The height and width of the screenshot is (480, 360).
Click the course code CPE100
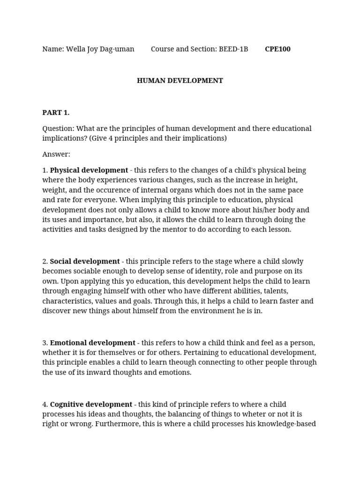coord(277,49)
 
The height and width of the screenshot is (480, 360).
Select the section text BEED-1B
coord(233,49)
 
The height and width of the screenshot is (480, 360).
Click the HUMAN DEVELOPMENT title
coord(180,81)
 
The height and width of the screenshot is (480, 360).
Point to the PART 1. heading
coord(56,112)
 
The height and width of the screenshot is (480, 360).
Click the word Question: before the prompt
coord(58,128)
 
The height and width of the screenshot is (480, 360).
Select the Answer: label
coord(56,154)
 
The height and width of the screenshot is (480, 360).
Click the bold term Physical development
coord(89,170)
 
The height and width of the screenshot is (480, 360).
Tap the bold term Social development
coord(85,262)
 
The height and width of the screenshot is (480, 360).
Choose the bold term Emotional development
coord(92,343)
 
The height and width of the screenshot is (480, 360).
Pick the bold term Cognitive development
coord(91,404)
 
